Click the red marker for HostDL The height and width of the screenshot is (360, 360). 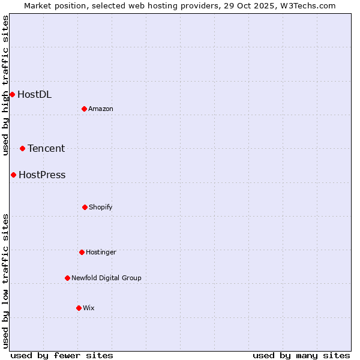pos(12,94)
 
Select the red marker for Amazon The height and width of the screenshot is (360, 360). pos(84,109)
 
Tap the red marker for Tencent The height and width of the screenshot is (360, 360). pos(22,148)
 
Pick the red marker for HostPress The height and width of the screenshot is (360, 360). pos(13,175)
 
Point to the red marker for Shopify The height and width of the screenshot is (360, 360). pos(85,207)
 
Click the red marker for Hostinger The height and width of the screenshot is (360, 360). pos(82,252)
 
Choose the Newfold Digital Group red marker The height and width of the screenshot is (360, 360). pos(67,278)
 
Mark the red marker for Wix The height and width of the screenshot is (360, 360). pos(79,308)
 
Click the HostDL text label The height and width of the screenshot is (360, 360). pos(34,94)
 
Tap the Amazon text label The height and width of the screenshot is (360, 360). pos(101,109)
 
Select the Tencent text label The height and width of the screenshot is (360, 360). pos(46,148)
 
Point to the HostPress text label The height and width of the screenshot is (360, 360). pos(42,175)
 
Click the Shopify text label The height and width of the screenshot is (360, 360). pos(101,207)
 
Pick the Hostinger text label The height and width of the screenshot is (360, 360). pos(101,252)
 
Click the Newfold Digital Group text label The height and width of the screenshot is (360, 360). pos(106,278)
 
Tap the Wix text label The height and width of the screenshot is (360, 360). pos(89,308)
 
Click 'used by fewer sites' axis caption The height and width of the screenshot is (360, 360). pos(62,355)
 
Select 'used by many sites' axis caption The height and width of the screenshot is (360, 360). pos(301,355)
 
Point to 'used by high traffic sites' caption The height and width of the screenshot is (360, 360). pos(5,85)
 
